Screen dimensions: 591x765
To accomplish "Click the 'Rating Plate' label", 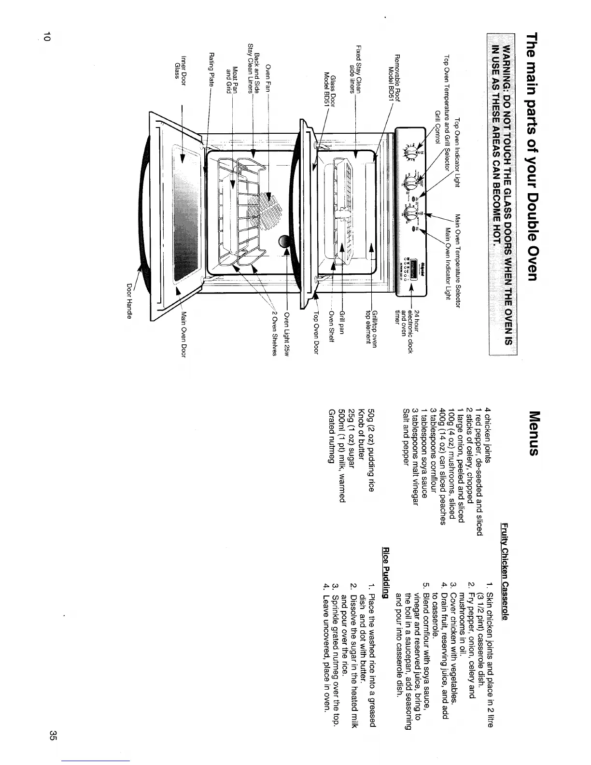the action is click(x=211, y=67).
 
